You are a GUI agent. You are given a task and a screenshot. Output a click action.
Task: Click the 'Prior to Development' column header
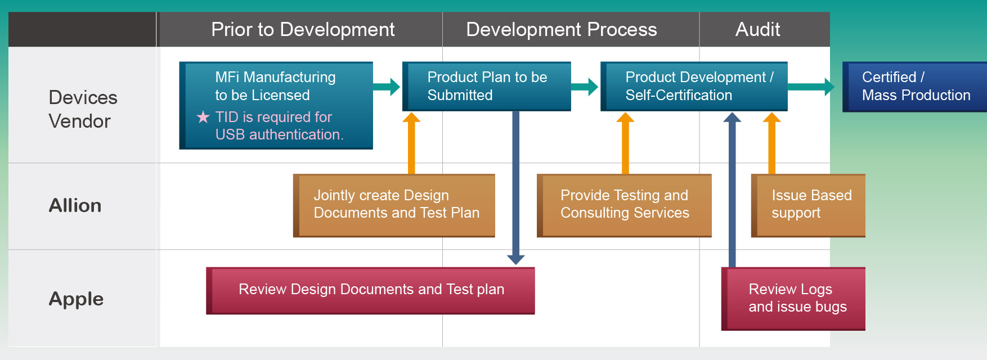pyautogui.click(x=303, y=29)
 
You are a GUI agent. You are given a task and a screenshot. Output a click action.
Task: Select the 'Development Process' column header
pyautogui.click(x=562, y=29)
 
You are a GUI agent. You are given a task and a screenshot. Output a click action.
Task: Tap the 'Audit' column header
pyautogui.click(x=757, y=29)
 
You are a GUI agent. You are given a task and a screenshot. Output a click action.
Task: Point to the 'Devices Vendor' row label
pyautogui.click(x=83, y=109)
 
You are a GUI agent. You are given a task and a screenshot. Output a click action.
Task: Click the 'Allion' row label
pyautogui.click(x=75, y=205)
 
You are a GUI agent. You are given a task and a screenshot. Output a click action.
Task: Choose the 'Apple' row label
pyautogui.click(x=76, y=299)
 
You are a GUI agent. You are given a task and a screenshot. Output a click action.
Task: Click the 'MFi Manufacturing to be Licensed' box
pyautogui.click(x=276, y=105)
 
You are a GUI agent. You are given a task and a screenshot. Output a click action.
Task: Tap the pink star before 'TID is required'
pyautogui.click(x=203, y=117)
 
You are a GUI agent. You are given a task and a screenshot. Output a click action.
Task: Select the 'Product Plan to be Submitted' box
pyautogui.click(x=487, y=86)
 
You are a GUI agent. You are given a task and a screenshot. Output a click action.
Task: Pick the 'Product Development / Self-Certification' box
pyautogui.click(x=694, y=86)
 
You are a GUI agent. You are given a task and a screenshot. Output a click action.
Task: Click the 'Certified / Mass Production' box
pyautogui.click(x=914, y=87)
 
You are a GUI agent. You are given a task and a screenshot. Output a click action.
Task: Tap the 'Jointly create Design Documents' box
pyautogui.click(x=394, y=205)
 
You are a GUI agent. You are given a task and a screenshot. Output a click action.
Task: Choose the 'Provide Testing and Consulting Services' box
pyautogui.click(x=624, y=205)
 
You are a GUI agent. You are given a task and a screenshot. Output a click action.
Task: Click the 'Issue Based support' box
pyautogui.click(x=808, y=205)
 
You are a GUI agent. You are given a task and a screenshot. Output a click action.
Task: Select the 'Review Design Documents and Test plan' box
pyautogui.click(x=370, y=290)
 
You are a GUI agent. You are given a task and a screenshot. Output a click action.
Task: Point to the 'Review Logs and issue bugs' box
pyautogui.click(x=793, y=299)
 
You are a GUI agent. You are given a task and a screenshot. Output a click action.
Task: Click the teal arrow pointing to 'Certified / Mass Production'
pyautogui.click(x=811, y=87)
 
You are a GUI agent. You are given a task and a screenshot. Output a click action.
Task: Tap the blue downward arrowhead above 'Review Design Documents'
pyautogui.click(x=516, y=259)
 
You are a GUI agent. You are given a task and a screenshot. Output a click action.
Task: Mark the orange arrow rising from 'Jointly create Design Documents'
pyautogui.click(x=411, y=143)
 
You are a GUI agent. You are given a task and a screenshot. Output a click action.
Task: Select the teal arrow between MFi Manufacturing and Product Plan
pyautogui.click(x=387, y=87)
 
